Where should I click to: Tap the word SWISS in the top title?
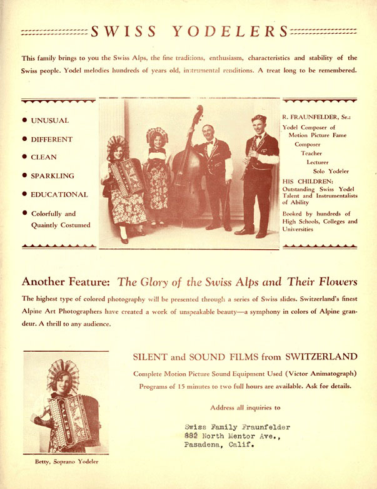[123, 31]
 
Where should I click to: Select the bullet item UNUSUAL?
[50, 120]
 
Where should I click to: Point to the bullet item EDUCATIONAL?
[59, 195]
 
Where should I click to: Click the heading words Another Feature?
[66, 281]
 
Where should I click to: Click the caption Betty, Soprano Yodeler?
[66, 462]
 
